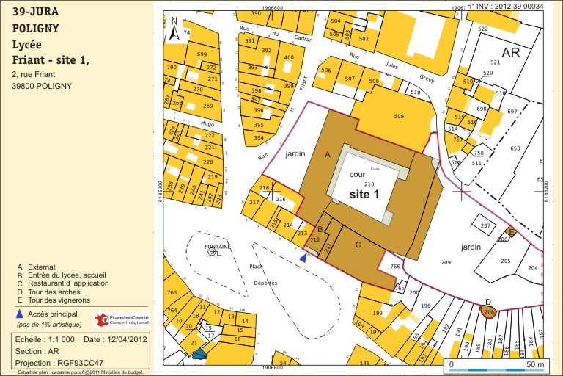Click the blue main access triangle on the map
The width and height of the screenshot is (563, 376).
(x=303, y=258)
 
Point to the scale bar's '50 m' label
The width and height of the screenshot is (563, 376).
(x=535, y=364)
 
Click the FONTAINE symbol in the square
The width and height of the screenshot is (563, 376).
(x=212, y=252)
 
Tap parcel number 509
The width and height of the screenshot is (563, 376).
(x=399, y=116)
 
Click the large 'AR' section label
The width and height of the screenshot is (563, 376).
(x=510, y=53)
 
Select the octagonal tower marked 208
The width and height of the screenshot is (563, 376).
(x=488, y=312)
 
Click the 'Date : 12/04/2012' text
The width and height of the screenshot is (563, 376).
(x=116, y=339)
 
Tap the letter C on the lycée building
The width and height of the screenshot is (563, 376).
(x=358, y=244)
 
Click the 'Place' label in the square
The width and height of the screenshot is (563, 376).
(x=256, y=267)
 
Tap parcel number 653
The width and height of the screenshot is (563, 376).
(x=515, y=148)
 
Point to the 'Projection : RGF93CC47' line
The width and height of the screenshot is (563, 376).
(x=59, y=363)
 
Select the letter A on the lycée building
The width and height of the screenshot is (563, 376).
(x=328, y=154)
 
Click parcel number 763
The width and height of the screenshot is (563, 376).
(x=172, y=293)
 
